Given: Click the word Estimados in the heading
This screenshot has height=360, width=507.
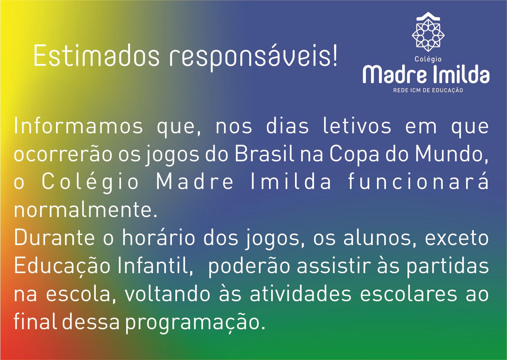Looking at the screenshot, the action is pos(96,56).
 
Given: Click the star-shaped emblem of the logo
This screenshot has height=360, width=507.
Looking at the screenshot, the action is pos(428,36).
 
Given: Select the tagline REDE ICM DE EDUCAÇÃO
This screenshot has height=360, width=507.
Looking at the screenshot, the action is pos(428,90).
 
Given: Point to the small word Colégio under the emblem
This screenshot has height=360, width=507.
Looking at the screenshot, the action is pos(428,59).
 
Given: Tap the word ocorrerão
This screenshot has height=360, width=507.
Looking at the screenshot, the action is pos(63,154).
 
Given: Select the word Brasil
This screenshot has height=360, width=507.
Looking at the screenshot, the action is pos(265,154).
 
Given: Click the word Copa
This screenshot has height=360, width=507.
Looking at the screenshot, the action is pos(354,156).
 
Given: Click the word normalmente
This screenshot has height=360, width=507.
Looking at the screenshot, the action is pos(85,210).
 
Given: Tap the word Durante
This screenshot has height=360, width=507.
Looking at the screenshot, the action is pos(54,238).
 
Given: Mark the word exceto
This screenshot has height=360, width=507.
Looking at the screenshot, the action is pos(457,238).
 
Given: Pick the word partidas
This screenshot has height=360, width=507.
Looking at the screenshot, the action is pos(448,269).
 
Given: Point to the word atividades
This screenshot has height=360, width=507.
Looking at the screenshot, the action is pos(301,295).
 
